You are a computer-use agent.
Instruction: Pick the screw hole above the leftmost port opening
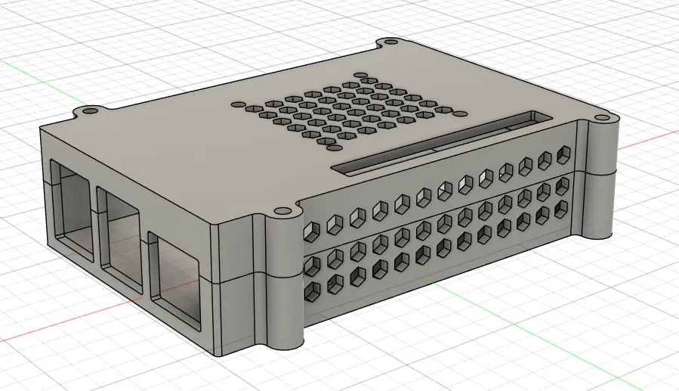click(x=90, y=111)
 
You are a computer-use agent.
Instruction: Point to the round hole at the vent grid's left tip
click(x=237, y=105)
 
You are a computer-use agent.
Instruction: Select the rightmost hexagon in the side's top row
click(x=563, y=155)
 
